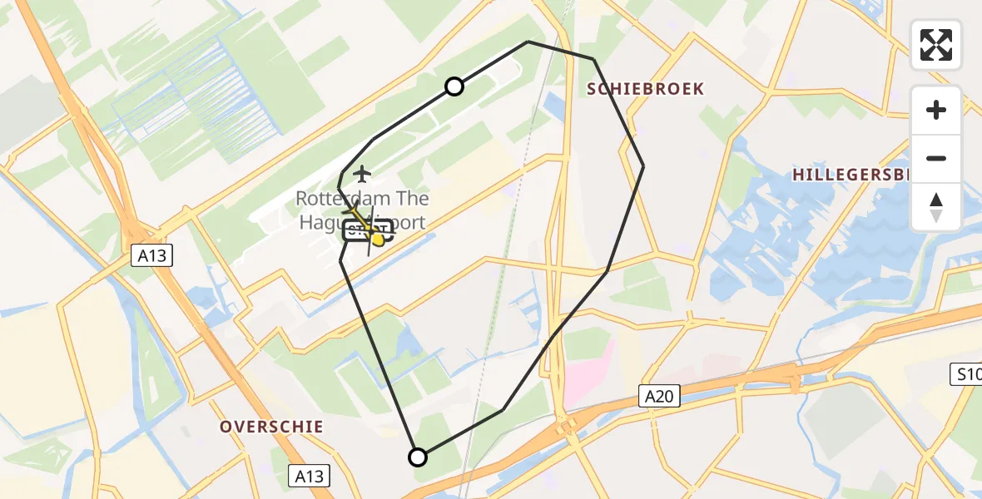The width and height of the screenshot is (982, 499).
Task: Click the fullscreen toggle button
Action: pyautogui.click(x=936, y=45)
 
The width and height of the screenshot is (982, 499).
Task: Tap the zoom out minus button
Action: pyautogui.click(x=936, y=159)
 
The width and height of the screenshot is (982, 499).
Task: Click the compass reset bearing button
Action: pyautogui.click(x=936, y=206)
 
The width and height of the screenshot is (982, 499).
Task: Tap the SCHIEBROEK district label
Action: pyautogui.click(x=646, y=89)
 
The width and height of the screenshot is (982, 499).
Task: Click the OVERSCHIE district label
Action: pyautogui.click(x=271, y=427)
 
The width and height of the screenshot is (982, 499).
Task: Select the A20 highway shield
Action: pyautogui.click(x=660, y=396)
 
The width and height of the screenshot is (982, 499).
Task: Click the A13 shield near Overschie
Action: pyautogui.click(x=309, y=476)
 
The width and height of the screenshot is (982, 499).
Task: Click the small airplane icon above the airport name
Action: pyautogui.click(x=362, y=174)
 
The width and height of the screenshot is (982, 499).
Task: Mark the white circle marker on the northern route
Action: pyautogui.click(x=454, y=86)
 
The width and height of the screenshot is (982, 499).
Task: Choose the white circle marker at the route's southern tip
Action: pyautogui.click(x=418, y=457)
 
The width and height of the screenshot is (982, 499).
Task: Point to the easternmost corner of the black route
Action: pyautogui.click(x=643, y=166)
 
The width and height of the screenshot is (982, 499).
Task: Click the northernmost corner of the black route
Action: pyautogui.click(x=528, y=42)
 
